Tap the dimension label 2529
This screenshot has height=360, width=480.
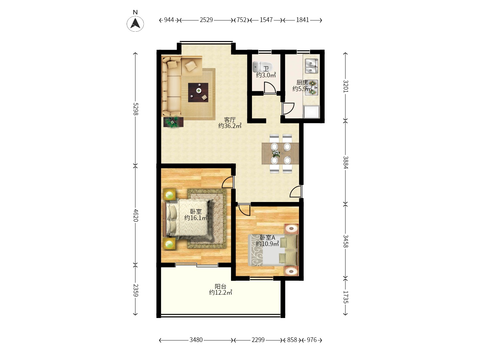coord(206,20)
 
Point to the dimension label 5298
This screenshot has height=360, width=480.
coord(136,109)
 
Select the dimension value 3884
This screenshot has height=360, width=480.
coord(346,162)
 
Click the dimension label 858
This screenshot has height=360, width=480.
coord(292,340)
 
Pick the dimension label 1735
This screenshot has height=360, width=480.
coord(346,297)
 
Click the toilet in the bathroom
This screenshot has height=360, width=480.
coord(262,67)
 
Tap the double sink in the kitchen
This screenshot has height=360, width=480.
coord(311,66)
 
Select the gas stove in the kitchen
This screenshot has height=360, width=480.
coord(312,88)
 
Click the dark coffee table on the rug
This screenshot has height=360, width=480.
coord(198,92)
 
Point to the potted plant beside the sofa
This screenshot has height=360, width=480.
coord(173,122)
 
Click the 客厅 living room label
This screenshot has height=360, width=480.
coord(230,120)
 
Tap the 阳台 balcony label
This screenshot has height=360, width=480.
coord(220,286)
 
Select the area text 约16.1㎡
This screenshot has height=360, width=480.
coord(196,218)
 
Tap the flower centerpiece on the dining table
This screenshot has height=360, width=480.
coord(276,154)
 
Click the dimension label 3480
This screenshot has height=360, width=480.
coord(196,340)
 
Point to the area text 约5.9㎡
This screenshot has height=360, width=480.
coord(303,89)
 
